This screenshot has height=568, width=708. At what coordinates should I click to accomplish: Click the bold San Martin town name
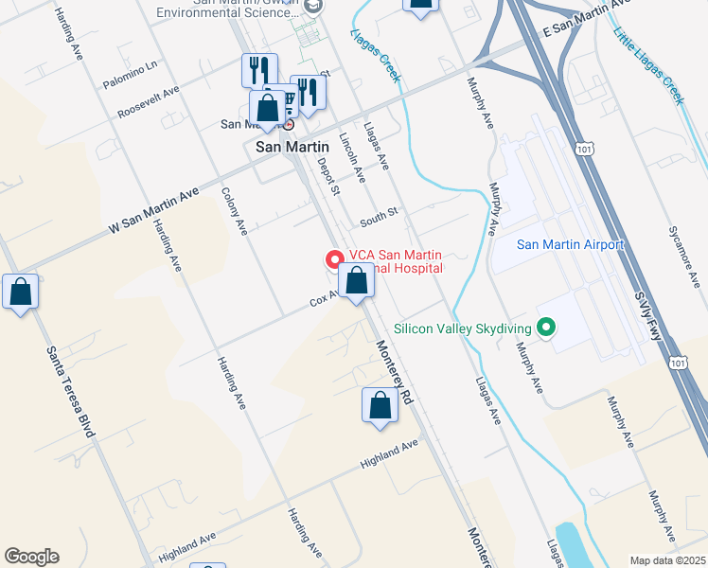click(292, 147)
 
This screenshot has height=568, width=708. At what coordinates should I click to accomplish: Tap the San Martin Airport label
click(571, 244)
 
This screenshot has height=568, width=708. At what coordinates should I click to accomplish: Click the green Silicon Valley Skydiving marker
click(545, 328)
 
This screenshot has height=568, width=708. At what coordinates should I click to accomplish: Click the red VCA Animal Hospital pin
click(334, 258)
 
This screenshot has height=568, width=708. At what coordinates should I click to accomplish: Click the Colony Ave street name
click(234, 210)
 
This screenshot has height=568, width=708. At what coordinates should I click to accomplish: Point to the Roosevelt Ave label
click(149, 103)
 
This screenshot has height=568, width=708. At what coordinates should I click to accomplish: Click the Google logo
click(31, 557)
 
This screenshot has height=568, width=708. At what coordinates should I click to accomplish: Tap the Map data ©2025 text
click(668, 560)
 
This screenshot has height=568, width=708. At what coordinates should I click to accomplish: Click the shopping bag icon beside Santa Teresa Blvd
click(21, 293)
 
